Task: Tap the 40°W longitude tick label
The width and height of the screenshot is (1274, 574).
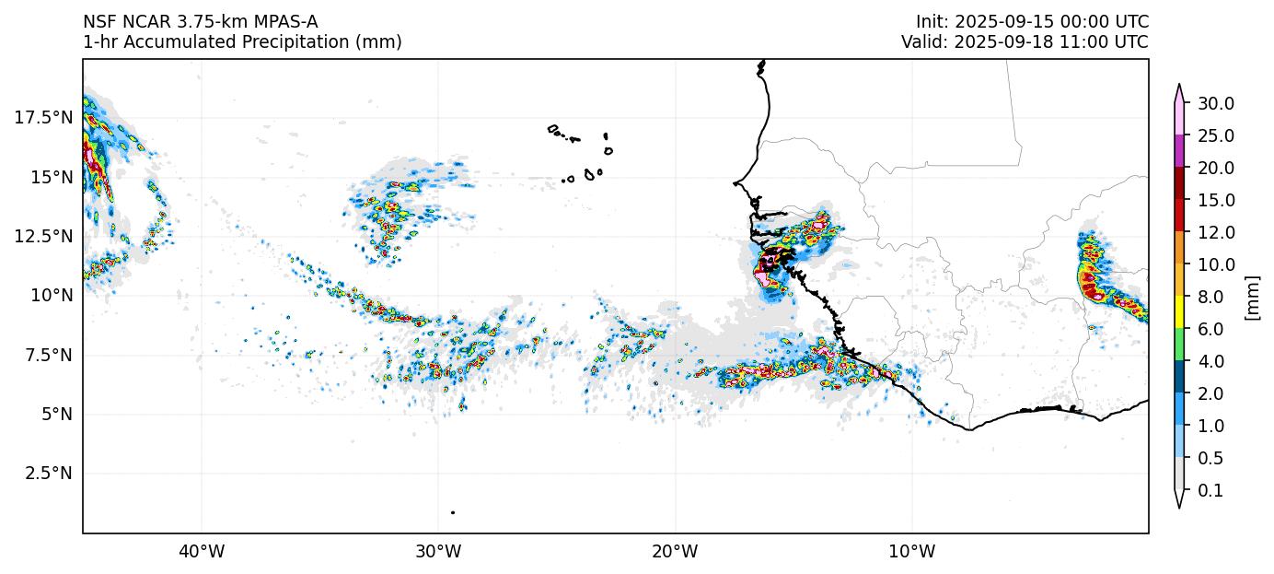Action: (202, 553)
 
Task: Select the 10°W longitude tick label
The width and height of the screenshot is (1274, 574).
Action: (912, 553)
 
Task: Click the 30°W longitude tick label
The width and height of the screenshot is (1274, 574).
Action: (438, 553)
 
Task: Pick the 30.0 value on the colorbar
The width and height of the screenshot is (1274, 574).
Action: (1215, 103)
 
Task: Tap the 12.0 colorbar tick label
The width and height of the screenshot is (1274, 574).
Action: (1215, 232)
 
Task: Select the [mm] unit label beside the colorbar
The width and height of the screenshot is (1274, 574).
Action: (1252, 298)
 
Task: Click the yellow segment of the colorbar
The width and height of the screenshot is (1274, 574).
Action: (1179, 313)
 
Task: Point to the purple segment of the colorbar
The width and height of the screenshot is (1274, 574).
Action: (1179, 152)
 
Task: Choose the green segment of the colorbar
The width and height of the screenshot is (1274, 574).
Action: (1179, 346)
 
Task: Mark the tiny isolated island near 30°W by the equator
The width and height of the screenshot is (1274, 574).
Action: (453, 512)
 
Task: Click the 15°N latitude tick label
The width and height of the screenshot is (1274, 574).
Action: (52, 177)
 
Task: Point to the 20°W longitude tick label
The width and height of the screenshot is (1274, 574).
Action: (675, 553)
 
